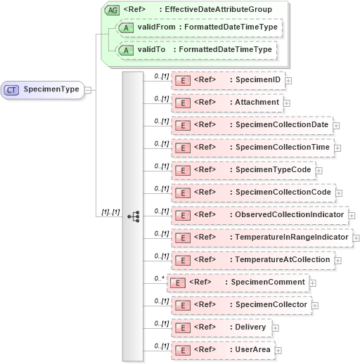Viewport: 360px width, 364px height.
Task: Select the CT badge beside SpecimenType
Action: pyautogui.click(x=12, y=90)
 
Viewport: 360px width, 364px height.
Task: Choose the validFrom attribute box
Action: pyautogui.click(x=199, y=27)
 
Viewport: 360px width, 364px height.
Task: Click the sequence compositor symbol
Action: pyautogui.click(x=133, y=216)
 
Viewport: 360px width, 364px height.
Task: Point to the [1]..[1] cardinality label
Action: pyautogui.click(x=109, y=211)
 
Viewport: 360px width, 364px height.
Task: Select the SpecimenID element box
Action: pyautogui.click(x=229, y=80)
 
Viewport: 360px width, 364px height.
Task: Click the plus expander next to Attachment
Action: pyautogui.click(x=287, y=103)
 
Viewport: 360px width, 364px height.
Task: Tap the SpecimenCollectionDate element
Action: pyautogui.click(x=252, y=125)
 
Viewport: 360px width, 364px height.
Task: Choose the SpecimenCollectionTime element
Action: pyautogui.click(x=252, y=148)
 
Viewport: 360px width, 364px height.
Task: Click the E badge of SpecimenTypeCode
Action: pyautogui.click(x=181, y=170)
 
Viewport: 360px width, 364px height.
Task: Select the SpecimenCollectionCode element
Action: pyautogui.click(x=252, y=193)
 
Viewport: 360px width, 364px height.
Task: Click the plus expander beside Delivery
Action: pyautogui.click(x=276, y=328)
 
